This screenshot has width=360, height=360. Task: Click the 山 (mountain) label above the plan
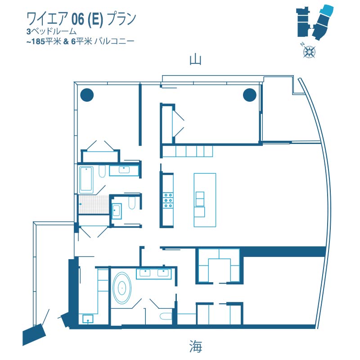coord(196,60)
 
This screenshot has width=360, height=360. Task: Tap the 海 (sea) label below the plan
coord(196,346)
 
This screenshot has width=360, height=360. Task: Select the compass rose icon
coord(309,51)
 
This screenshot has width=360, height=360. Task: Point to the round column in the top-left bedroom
coord(87,95)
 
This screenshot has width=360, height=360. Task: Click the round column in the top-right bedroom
coord(250,95)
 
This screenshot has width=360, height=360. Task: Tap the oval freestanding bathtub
coord(121,288)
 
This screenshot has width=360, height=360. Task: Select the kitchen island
coord(205,200)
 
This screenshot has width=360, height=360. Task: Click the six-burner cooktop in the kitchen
coord(167,200)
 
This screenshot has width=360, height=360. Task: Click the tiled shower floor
coord(94,204)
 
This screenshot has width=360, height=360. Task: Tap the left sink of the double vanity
coord(145,273)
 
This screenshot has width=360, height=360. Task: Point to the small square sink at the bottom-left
coord(88,319)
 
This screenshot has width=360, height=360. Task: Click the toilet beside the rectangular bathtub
coord(102,171)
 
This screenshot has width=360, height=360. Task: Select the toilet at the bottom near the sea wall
coord(165,316)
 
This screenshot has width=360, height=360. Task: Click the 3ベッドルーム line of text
coord(51,31)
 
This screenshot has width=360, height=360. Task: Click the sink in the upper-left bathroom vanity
coord(124,170)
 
